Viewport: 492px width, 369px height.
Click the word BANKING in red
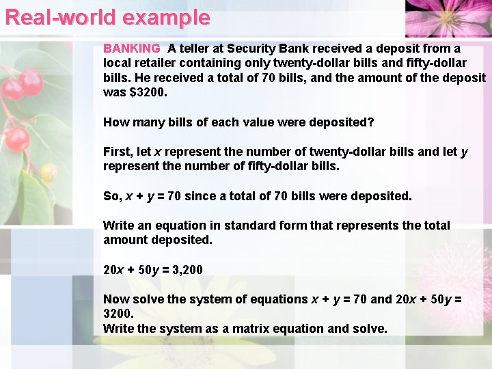pyautogui.click(x=131, y=49)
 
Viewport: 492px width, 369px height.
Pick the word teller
pyautogui.click(x=200, y=49)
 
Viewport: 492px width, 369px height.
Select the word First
pyautogui.click(x=118, y=151)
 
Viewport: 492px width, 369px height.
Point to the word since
pyautogui.click(x=200, y=196)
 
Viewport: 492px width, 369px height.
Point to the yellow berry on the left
pyautogui.click(x=48, y=171)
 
